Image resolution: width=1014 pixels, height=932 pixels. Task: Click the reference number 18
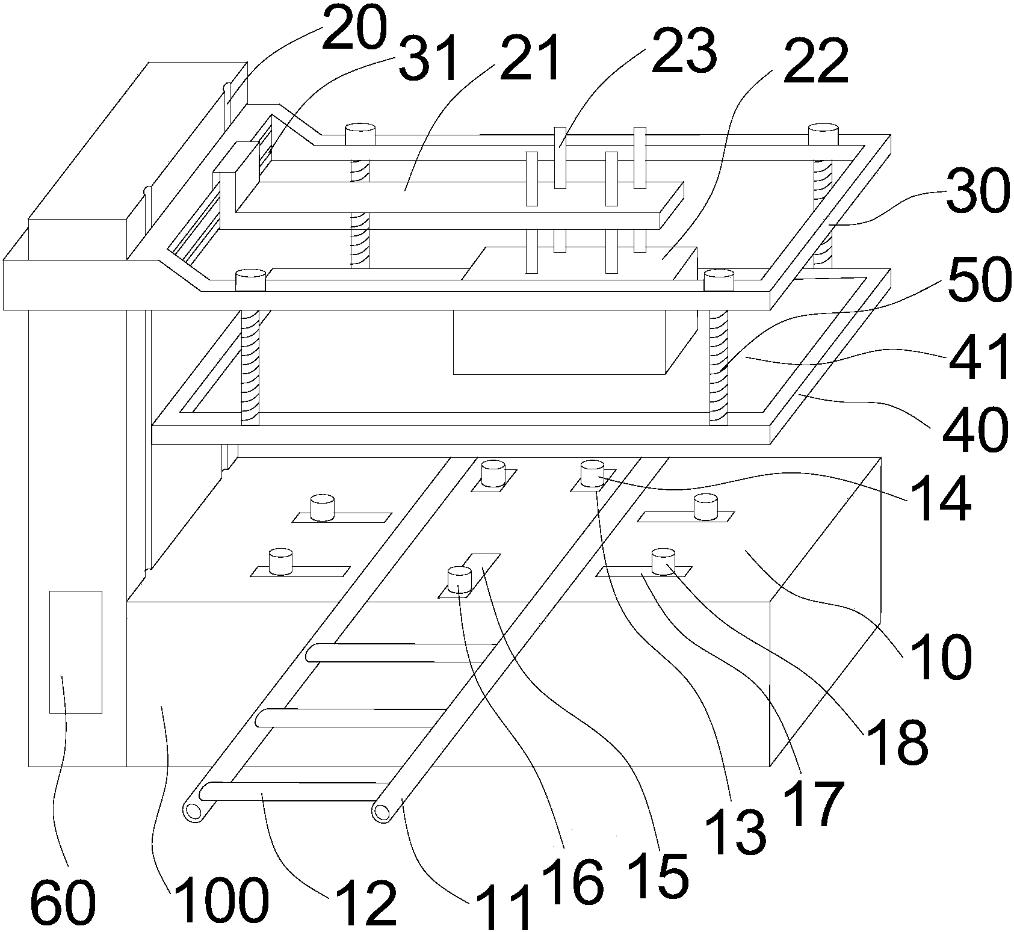coord(895,741)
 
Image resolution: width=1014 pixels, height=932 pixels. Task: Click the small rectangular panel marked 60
coord(75,652)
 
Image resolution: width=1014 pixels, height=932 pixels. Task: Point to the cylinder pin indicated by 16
coord(459,580)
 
